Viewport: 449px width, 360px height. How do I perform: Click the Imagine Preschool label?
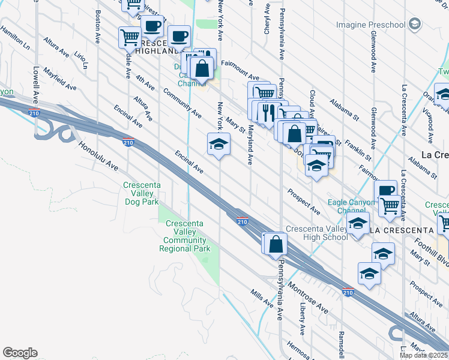coord(370,25)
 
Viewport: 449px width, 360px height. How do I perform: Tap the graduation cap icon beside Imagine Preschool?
coord(414,24)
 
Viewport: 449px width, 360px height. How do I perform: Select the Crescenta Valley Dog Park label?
coord(142,194)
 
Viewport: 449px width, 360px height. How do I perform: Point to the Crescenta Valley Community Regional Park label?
coord(184,236)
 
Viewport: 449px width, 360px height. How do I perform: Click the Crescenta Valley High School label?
coord(316,233)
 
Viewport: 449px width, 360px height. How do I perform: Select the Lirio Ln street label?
coord(81,60)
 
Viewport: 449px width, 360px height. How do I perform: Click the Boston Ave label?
coord(97,27)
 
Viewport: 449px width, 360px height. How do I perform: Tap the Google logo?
coord(20,353)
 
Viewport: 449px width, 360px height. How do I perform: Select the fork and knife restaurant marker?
coord(268,111)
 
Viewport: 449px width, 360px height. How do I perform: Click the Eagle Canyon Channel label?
coord(351,207)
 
